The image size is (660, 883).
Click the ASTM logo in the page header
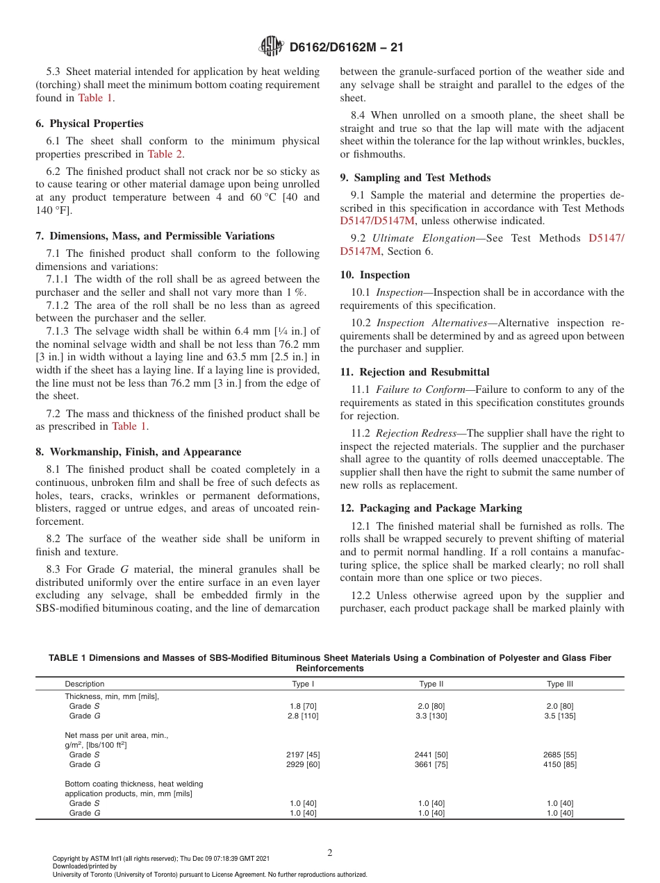271,47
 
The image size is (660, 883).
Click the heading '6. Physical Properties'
90,124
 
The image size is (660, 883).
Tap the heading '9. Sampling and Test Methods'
415,178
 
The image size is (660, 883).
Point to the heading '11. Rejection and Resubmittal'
415,372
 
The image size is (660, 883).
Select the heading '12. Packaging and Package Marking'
431,507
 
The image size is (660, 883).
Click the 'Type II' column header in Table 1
431,684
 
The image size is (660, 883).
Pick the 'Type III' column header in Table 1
559,684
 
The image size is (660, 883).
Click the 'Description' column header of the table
85,684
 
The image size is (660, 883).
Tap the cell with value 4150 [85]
559,764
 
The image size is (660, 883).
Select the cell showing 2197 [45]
303,755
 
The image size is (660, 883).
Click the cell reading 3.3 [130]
431,716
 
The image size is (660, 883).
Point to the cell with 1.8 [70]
303,706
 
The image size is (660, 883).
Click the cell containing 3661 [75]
431,764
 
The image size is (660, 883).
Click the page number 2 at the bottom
330,853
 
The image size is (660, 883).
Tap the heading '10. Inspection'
375,275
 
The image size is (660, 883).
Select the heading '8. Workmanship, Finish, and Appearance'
138,452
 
